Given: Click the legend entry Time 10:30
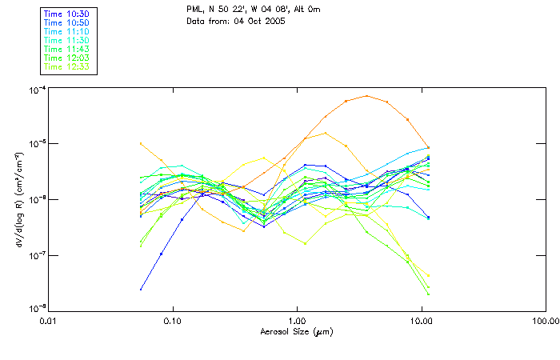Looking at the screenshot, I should pos(66,14).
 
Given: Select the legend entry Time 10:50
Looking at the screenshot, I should pos(66,23).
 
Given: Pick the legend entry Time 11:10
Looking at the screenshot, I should pos(66,32).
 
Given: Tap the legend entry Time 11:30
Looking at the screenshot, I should pos(66,41).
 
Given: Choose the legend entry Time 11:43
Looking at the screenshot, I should pos(66,50).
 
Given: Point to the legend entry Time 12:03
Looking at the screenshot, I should pos(66,58).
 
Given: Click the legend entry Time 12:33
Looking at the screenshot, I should pos(66,67).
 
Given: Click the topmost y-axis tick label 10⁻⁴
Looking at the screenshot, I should pos(34,89).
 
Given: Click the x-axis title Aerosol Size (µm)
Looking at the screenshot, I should pos(296,331).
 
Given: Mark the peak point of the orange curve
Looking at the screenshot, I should pos(366,96).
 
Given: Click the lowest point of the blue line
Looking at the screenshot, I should pos(141,289).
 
